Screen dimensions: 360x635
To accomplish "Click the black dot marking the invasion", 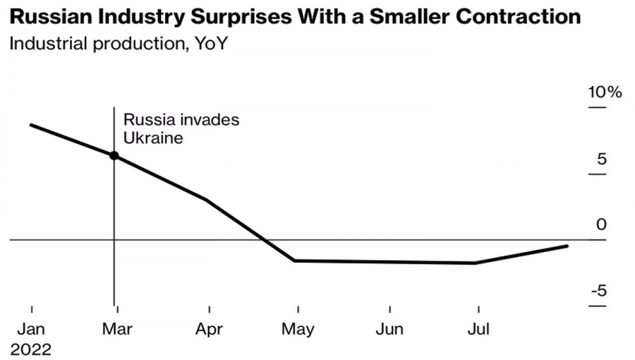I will pos(114,155).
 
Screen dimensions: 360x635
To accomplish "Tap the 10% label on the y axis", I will pos(605,92).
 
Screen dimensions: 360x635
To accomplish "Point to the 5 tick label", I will pos(601,159).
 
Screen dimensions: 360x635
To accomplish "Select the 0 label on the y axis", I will pos(601,225).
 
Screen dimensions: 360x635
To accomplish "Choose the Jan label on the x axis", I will pos(32,329).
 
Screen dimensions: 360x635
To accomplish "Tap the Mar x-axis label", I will pos(116,329).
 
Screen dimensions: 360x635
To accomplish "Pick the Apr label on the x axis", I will pos(209,329).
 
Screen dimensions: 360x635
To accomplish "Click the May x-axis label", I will pos(298,329).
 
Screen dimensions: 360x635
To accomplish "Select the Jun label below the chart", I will pos(389,329).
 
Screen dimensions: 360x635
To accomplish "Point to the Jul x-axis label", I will pos(478,329).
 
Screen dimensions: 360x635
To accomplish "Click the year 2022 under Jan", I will pos(32,349).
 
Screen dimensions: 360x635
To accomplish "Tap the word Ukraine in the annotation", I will pos(153,138).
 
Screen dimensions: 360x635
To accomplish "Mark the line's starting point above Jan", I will pos(31,125).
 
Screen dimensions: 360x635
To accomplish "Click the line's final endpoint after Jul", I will pos(567,246).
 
